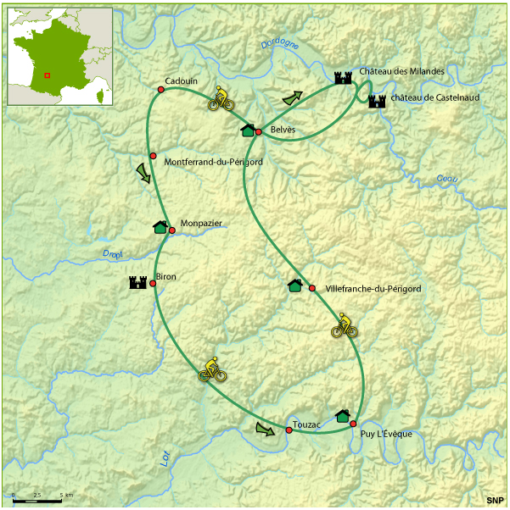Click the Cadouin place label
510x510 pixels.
181,80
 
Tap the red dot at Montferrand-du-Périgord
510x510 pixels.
153,156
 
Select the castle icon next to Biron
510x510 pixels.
137,283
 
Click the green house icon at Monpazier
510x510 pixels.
160,227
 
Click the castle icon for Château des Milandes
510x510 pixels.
343,78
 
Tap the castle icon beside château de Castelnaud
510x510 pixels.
377,101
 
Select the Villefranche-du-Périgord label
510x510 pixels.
373,289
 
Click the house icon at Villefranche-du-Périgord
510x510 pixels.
294,285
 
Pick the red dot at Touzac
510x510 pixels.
289,431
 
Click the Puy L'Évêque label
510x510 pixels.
386,435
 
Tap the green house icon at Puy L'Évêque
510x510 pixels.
343,416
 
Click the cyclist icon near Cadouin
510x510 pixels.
221,99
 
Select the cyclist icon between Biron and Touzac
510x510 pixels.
212,369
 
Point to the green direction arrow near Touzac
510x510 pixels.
266,429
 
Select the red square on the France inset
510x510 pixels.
48,75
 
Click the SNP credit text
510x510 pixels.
495,501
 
